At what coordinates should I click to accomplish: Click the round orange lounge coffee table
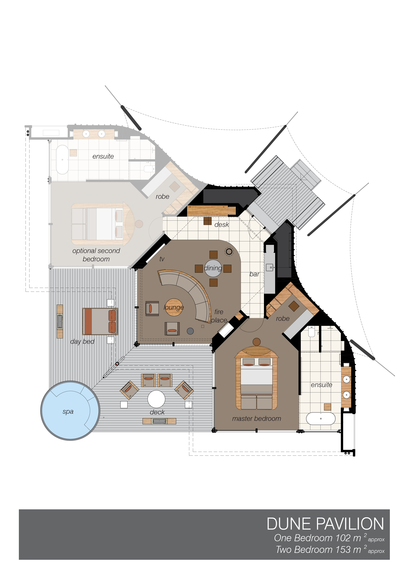coord(174,307)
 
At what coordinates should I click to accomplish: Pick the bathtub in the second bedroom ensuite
coord(62,159)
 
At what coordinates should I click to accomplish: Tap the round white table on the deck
coord(156,399)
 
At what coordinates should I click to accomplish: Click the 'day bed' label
coord(82,342)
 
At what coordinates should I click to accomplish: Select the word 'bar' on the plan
coord(254,274)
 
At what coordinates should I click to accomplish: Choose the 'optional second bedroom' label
coord(96,255)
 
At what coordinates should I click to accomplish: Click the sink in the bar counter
coord(270,267)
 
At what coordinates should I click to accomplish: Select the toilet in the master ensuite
coord(311,331)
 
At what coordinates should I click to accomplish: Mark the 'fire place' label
coord(219,316)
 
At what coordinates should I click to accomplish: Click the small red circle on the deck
coord(117,364)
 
